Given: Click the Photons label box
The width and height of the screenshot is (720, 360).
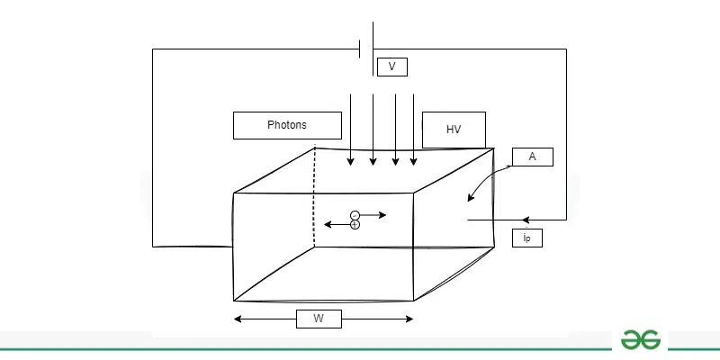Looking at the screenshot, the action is (x=287, y=125).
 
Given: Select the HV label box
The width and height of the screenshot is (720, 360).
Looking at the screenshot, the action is (x=454, y=130).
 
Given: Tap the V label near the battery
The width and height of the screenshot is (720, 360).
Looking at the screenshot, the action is (x=392, y=67).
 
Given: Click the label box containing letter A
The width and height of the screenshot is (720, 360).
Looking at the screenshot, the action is (x=533, y=157).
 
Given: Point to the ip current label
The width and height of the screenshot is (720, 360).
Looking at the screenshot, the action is (x=527, y=238).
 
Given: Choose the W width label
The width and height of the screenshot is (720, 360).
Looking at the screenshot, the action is (x=319, y=319).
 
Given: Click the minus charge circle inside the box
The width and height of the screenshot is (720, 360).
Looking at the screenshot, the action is (x=355, y=215).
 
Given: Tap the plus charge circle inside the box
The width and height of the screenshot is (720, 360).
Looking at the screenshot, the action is (x=355, y=224).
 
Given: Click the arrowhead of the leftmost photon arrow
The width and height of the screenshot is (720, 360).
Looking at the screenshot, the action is (x=350, y=162).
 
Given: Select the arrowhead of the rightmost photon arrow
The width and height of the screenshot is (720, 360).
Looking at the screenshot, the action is (x=414, y=162).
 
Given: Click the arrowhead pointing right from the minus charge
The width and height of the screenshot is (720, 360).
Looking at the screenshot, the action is (x=382, y=215).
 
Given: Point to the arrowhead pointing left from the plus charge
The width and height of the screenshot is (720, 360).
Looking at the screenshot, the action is (x=328, y=224).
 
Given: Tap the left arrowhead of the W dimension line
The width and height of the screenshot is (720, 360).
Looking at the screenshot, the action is (x=238, y=319).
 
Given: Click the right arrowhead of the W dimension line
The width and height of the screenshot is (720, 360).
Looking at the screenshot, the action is (x=409, y=319).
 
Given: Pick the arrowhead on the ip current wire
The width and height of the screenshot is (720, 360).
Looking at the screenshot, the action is (x=526, y=220).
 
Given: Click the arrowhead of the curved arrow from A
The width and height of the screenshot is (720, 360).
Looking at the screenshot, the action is (x=470, y=197).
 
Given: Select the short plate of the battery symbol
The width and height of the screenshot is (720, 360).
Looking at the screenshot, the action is (x=359, y=49).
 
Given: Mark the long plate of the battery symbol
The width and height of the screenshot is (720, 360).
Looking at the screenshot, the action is (x=373, y=49).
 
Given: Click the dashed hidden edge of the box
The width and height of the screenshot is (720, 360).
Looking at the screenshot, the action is (x=314, y=196).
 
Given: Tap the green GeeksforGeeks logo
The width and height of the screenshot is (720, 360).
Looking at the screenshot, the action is (x=641, y=340).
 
